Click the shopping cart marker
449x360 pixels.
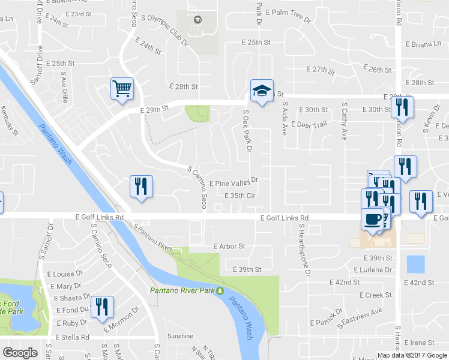point(122,89)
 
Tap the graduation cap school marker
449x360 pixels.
point(262,91)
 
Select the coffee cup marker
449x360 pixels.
point(372,219)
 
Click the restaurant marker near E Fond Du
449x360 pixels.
point(101,307)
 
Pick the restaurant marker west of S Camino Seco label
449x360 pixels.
point(141,187)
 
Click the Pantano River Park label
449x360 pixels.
point(187,291)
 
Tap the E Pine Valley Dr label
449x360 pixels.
point(234,180)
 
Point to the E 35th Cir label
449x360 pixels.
point(240,196)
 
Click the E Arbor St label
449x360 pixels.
point(229,246)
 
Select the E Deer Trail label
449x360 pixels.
point(309,124)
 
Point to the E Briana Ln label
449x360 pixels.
point(423,44)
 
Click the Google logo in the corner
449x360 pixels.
point(20,353)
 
